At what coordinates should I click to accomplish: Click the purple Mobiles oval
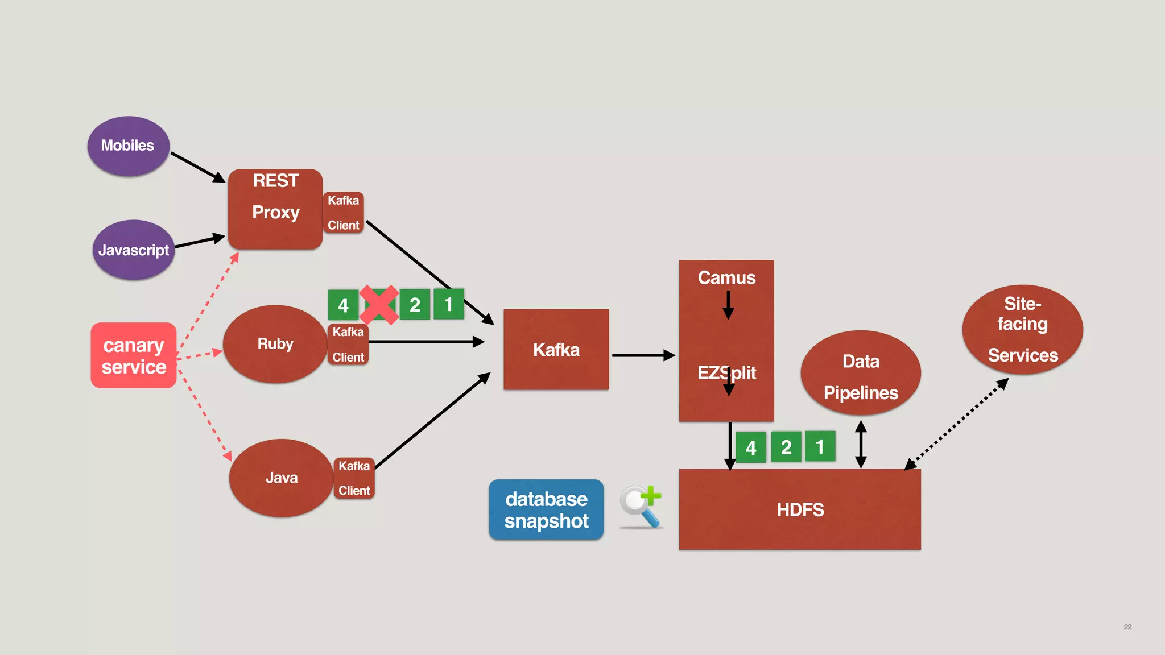[128, 146]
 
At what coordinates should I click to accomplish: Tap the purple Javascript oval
[133, 250]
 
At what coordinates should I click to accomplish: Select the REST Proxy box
[275, 209]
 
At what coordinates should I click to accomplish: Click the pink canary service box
[134, 355]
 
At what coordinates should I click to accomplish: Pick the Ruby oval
[275, 344]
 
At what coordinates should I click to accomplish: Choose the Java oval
[281, 478]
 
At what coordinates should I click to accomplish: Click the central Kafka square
[556, 350]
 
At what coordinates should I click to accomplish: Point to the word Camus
[726, 277]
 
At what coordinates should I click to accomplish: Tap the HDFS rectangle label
[800, 509]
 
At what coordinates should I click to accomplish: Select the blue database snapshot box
[546, 509]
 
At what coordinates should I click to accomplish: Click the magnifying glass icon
[641, 506]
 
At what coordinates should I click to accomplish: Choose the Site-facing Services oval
[1022, 330]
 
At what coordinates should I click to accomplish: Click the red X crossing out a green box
[379, 305]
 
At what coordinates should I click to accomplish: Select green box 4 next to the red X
[343, 305]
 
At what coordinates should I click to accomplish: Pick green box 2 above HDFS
[786, 447]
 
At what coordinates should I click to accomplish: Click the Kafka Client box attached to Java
[354, 478]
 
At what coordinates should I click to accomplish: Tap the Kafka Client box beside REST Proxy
[343, 213]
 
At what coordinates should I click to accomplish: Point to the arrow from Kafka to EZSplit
[643, 355]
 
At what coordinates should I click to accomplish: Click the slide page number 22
[1127, 627]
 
